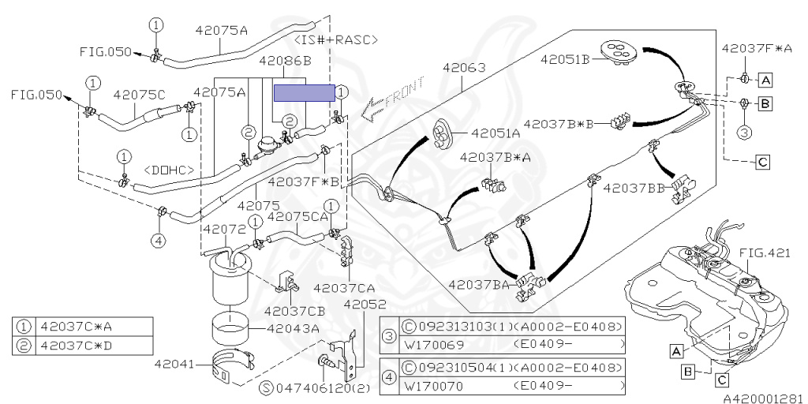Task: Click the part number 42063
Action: point(464,68)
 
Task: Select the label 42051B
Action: point(566,58)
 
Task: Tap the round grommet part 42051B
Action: point(619,50)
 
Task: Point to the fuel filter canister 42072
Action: point(230,280)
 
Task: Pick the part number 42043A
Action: point(293,328)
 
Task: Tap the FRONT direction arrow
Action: point(392,99)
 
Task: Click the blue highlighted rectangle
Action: point(305,93)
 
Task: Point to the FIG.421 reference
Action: point(764,252)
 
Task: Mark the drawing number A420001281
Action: point(763,398)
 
